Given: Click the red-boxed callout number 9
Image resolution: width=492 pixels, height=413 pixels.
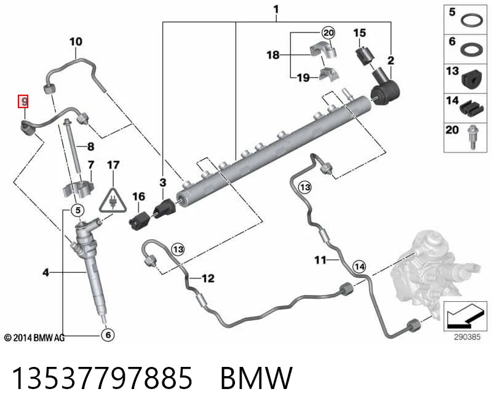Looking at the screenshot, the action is [23, 101].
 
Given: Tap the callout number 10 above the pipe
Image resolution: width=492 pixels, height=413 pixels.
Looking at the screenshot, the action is [76, 42].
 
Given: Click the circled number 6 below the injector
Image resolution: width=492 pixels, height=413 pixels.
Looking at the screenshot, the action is [108, 335].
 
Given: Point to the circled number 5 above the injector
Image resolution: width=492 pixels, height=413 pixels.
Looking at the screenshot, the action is [78, 210].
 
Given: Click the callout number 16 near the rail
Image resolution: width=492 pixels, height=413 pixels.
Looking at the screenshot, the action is [139, 197].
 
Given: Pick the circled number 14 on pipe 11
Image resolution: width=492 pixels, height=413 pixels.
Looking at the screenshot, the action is [359, 267].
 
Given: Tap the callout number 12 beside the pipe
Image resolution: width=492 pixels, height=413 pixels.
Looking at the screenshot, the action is [208, 278].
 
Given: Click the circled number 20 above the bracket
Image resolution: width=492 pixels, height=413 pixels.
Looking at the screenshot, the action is [328, 33].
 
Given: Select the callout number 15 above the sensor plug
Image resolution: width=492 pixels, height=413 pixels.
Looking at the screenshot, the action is [360, 33].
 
